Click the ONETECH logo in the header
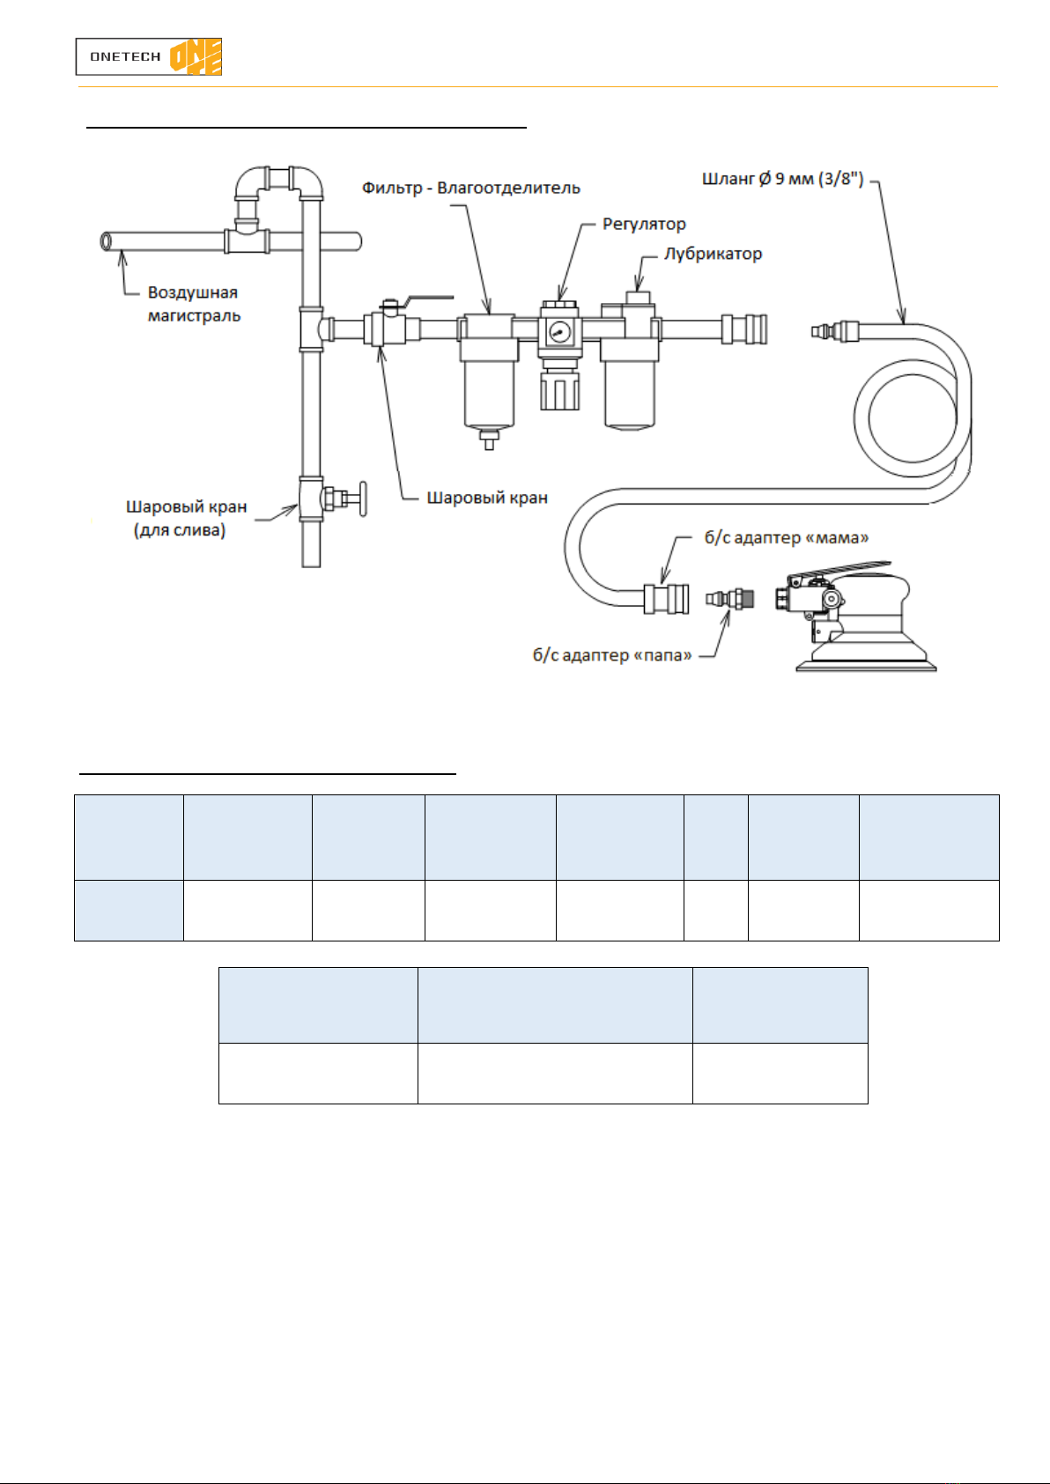(x=148, y=56)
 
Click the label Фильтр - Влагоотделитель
(x=471, y=188)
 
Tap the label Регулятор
(x=644, y=225)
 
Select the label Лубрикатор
(x=713, y=254)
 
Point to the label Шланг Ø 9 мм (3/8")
(x=783, y=179)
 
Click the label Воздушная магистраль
(x=194, y=304)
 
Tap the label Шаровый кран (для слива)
(x=186, y=519)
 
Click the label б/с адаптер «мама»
(x=787, y=537)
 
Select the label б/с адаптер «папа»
(x=612, y=655)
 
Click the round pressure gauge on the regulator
(x=559, y=331)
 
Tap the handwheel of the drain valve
(x=362, y=498)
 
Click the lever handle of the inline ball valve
(x=428, y=300)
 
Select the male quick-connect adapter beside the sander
(x=730, y=600)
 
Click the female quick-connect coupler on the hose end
(x=666, y=599)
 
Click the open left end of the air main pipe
(x=106, y=241)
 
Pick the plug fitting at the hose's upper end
(x=835, y=330)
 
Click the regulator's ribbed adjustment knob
(x=559, y=391)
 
